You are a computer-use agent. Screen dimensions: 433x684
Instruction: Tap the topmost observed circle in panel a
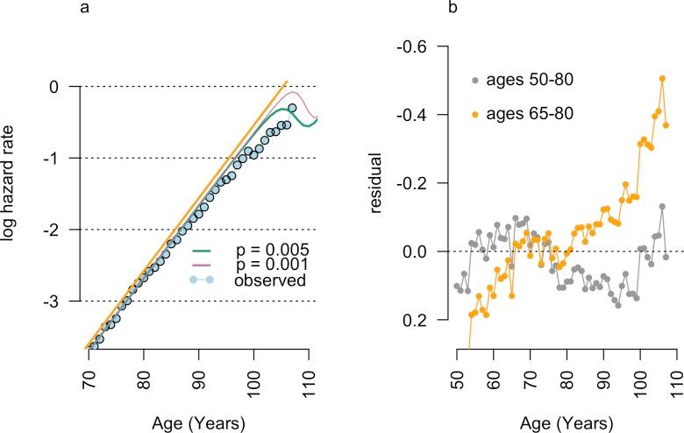(293, 108)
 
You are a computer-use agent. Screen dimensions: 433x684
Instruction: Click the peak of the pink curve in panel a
(295, 92)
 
